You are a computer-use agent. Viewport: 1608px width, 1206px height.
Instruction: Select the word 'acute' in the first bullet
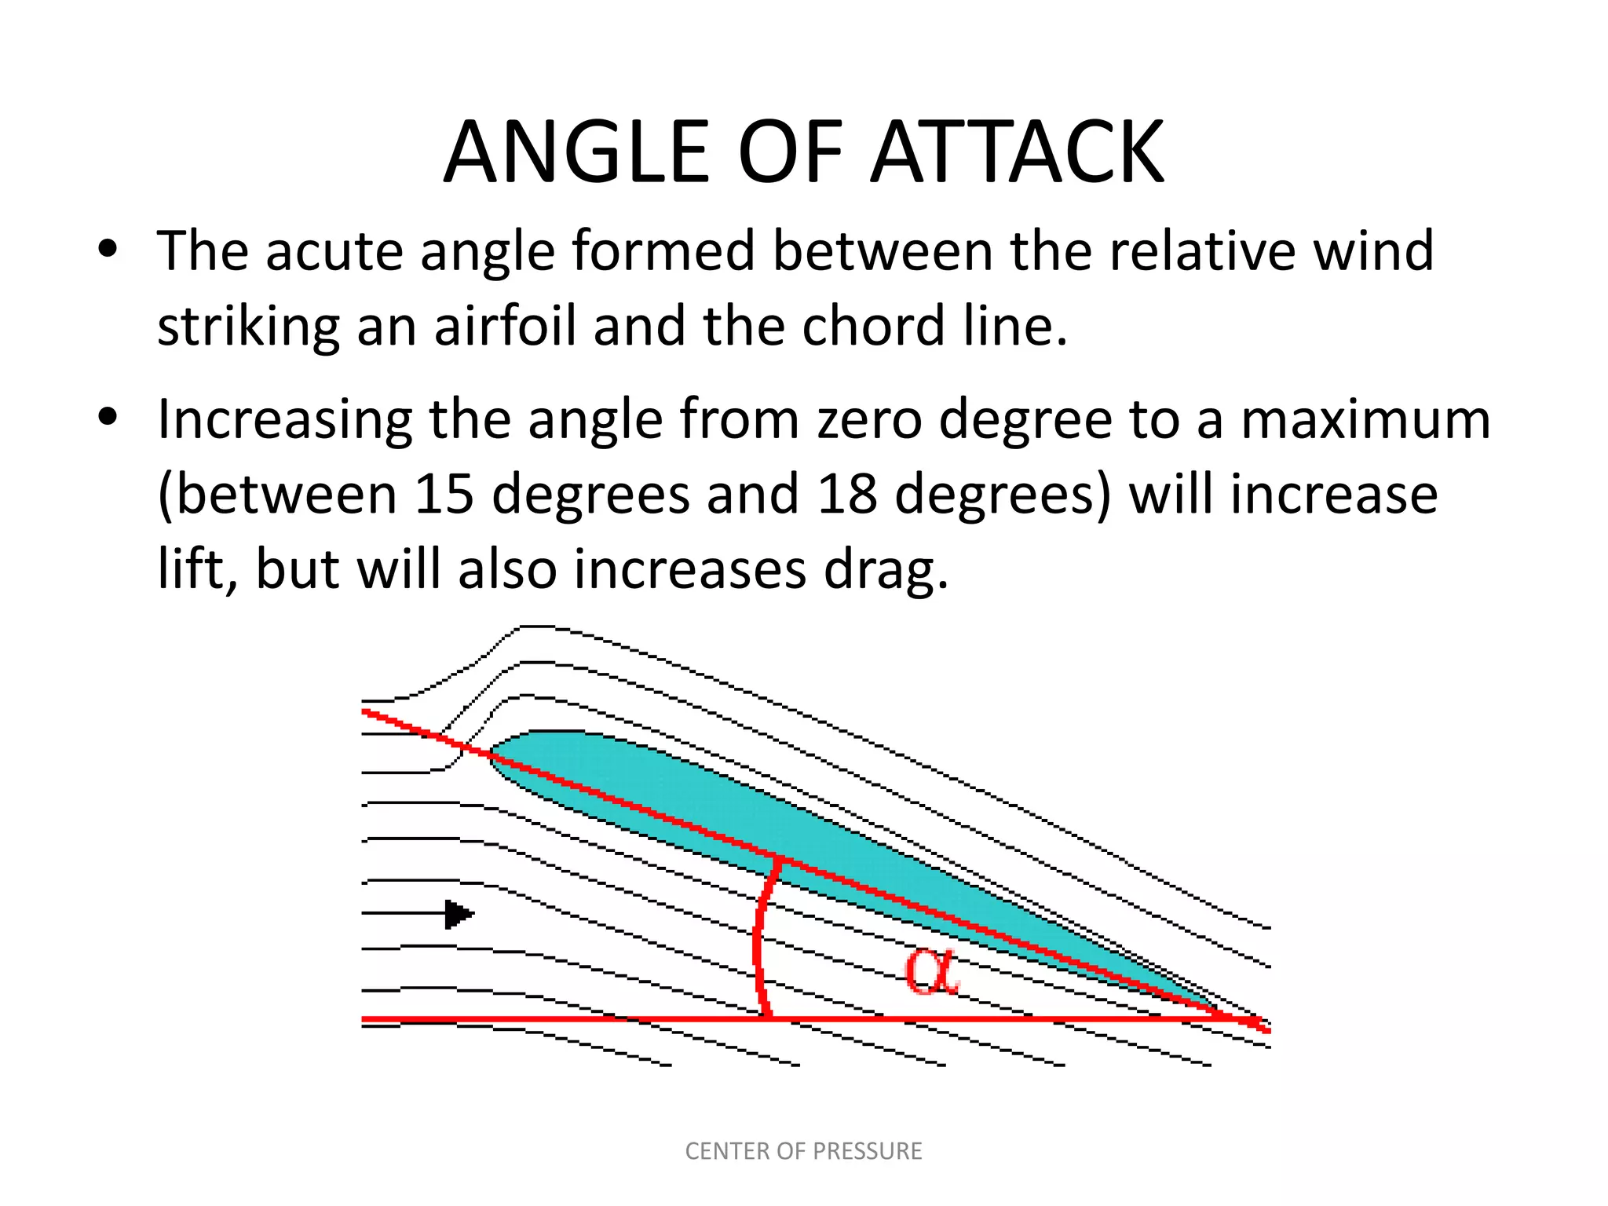(x=334, y=251)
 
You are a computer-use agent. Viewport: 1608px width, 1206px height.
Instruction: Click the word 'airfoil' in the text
(x=506, y=326)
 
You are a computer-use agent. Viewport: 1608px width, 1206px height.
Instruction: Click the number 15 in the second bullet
(x=444, y=495)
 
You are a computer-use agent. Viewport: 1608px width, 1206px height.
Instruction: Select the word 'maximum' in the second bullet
(x=1365, y=419)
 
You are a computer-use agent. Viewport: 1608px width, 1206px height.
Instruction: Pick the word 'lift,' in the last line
(x=197, y=568)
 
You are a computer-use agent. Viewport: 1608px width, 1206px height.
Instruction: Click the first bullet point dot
(x=108, y=250)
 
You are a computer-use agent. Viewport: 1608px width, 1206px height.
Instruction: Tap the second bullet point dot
(x=108, y=418)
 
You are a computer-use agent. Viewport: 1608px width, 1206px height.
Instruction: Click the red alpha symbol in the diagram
(x=931, y=971)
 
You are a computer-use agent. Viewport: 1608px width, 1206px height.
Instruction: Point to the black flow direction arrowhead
(x=459, y=914)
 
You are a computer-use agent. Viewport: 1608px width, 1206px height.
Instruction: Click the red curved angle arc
(x=758, y=942)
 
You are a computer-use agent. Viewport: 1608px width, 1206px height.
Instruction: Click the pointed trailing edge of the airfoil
(x=1225, y=1012)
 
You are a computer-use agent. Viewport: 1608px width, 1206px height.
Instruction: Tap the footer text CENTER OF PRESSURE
(x=803, y=1151)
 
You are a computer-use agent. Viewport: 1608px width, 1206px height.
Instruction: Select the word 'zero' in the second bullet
(x=869, y=419)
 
